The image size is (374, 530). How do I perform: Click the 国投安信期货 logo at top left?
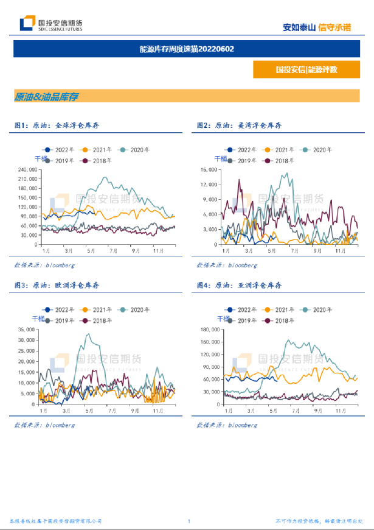(x=51, y=24)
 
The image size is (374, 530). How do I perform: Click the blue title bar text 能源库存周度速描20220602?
(x=187, y=49)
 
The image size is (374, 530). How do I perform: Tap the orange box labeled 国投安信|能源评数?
(x=306, y=69)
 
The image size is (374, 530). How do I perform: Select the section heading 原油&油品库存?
(x=46, y=96)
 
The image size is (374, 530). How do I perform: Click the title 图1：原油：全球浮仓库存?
(x=57, y=125)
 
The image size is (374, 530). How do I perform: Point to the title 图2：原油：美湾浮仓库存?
(x=239, y=125)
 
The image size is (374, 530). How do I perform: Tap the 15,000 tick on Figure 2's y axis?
(x=210, y=169)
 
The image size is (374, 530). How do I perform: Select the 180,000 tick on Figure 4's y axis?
(x=209, y=330)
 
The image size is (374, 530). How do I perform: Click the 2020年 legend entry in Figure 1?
(x=134, y=150)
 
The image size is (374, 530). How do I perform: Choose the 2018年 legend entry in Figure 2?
(x=279, y=161)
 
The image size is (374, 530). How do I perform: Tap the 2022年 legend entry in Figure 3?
(x=58, y=310)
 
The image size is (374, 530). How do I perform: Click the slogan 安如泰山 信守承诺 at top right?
(x=317, y=27)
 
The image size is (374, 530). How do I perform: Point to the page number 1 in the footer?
(x=189, y=521)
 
